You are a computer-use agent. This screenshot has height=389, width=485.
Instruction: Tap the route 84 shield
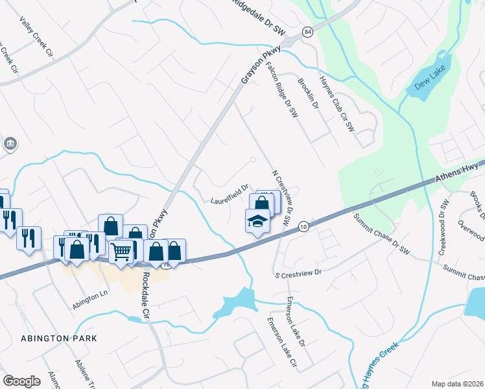point(306,31)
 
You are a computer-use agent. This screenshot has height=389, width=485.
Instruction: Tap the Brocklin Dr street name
point(308,91)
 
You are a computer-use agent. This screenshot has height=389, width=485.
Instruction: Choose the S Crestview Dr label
point(298,273)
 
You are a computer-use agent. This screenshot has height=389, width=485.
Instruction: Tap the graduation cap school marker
point(257,222)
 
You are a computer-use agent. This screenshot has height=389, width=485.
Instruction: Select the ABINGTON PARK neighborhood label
point(58,338)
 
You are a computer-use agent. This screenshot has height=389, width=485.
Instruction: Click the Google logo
point(22,381)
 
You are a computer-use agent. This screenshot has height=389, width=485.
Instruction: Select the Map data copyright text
point(457,384)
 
